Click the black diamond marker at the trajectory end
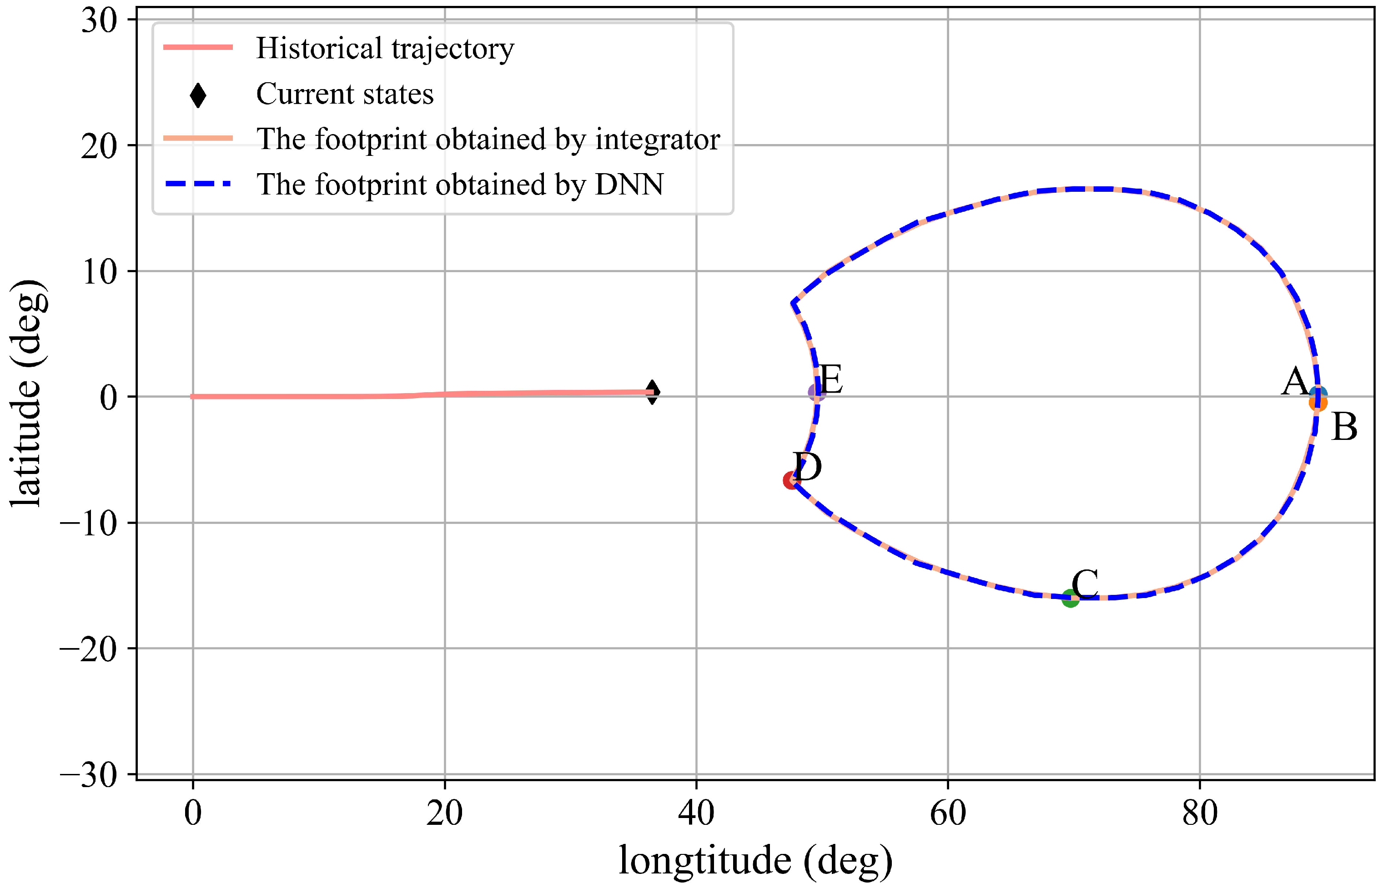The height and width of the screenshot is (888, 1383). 652,392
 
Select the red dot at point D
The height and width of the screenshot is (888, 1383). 791,480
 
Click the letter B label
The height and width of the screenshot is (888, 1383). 1344,427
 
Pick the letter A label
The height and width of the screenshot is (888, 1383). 1295,381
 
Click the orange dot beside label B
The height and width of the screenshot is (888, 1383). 1318,403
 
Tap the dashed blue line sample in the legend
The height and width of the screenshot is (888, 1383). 198,184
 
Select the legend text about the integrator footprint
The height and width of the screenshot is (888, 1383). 488,139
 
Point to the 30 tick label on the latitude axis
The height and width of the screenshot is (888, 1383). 99,21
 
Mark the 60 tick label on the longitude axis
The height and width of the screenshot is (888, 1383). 948,813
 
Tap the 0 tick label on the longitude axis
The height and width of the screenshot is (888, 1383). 193,813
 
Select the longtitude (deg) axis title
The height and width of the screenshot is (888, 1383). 755,861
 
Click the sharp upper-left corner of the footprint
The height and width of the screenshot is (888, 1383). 793,303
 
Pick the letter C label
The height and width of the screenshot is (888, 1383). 1085,584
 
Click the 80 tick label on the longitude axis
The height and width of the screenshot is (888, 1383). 1200,813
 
